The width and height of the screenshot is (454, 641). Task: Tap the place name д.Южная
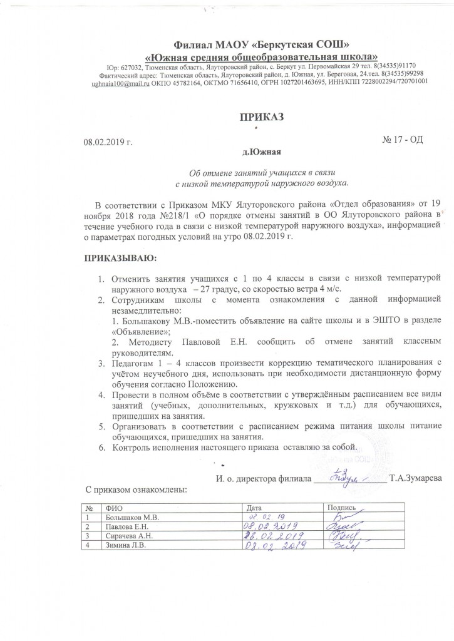tap(261, 152)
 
